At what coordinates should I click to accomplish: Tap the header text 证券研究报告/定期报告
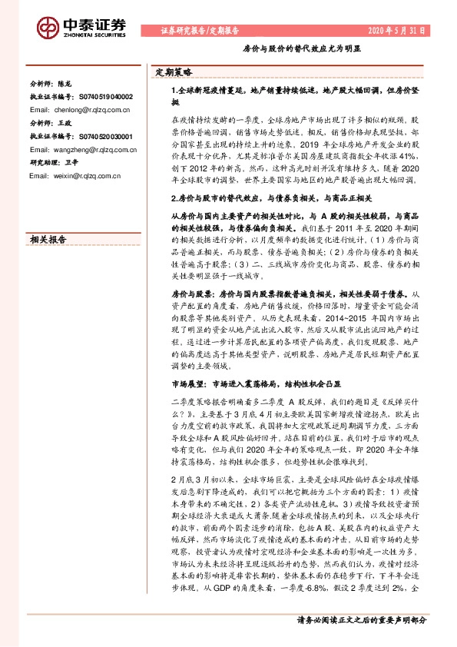200,30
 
